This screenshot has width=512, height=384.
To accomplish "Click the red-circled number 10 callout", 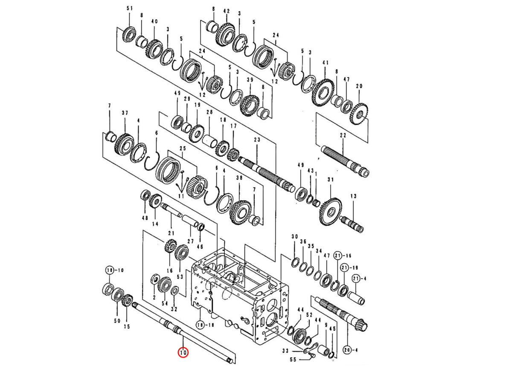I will [183, 353].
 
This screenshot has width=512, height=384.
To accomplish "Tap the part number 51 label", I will [130, 9].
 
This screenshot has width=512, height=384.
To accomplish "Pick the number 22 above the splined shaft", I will [343, 135].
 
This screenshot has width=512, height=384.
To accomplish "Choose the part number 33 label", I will [285, 351].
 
